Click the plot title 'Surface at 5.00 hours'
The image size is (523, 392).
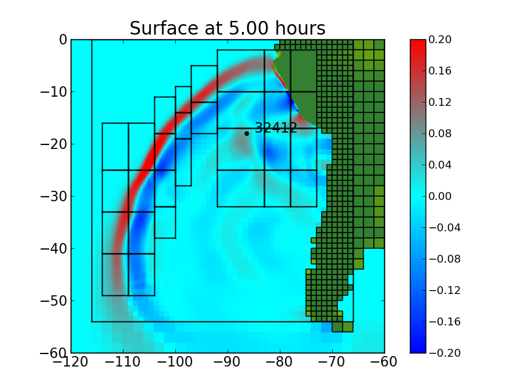[x=227, y=29]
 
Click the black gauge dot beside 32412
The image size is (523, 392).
[x=246, y=133]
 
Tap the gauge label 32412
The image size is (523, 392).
[x=276, y=128]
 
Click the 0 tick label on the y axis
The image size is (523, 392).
[x=63, y=39]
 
